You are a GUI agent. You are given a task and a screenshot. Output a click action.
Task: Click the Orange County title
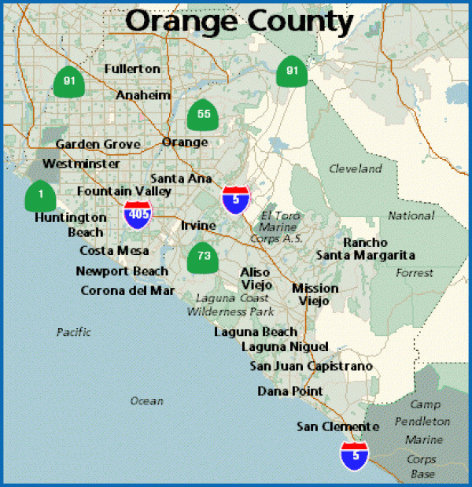click(239, 21)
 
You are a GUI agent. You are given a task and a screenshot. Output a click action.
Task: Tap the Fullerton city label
click(132, 69)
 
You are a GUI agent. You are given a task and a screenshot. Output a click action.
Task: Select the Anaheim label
click(143, 95)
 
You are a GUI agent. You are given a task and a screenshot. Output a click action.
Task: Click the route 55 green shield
click(203, 115)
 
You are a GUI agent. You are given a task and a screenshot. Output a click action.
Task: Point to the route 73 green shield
click(203, 256)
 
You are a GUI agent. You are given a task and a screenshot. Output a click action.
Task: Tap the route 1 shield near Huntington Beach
click(40, 194)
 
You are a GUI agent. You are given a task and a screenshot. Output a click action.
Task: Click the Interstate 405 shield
click(137, 213)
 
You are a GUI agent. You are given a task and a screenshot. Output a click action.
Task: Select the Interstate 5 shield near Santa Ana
click(235, 200)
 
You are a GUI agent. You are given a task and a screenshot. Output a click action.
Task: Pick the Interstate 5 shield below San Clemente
click(354, 455)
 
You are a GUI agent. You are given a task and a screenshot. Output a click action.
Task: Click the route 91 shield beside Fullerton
click(69, 81)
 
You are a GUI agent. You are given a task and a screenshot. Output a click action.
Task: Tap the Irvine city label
click(198, 226)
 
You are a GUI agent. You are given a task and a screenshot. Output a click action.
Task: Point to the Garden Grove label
click(98, 144)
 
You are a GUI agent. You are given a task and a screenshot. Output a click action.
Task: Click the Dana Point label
click(289, 391)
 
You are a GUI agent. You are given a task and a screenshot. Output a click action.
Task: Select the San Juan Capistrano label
click(312, 366)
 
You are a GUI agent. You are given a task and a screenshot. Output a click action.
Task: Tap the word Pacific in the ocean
click(74, 332)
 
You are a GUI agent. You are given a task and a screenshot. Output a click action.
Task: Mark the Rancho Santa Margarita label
click(366, 249)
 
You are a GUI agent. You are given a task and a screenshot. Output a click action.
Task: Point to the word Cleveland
click(355, 168)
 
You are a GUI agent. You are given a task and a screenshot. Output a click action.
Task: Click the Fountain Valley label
click(124, 191)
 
